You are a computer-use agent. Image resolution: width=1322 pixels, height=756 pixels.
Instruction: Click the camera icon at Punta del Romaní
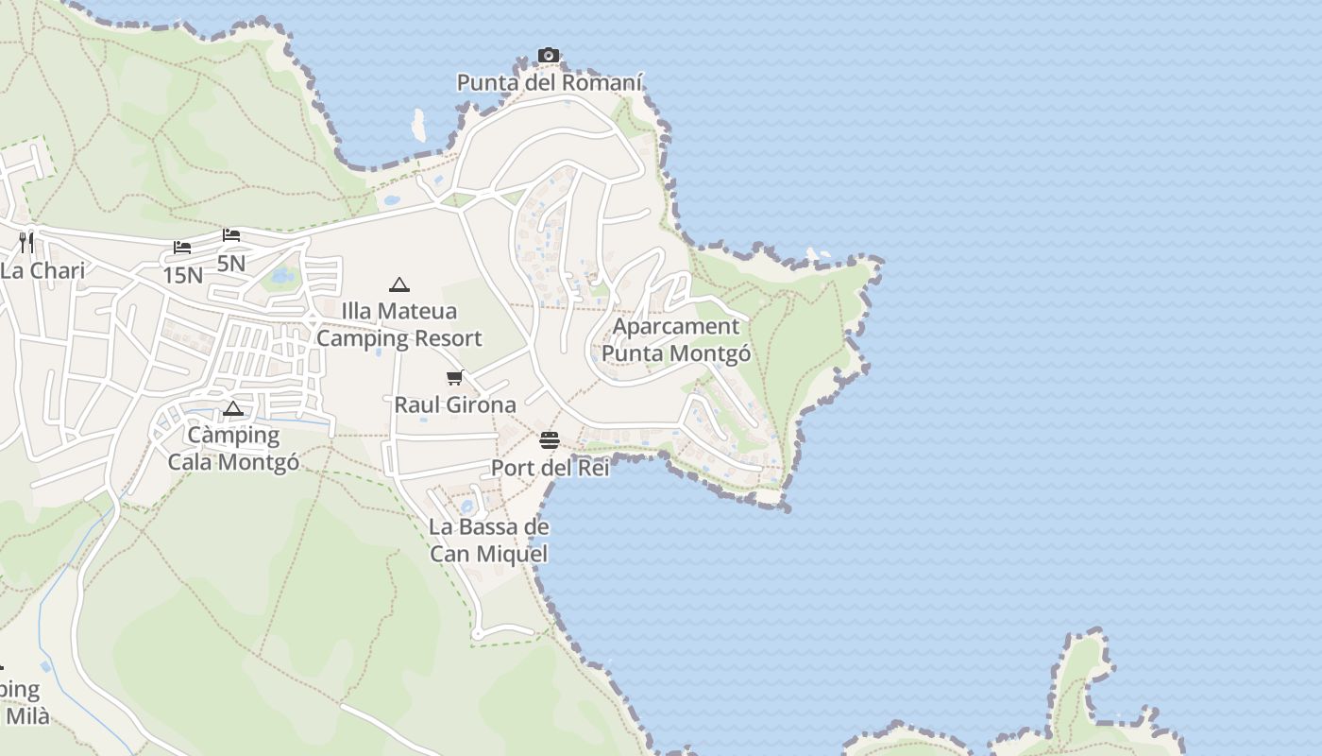click(x=549, y=56)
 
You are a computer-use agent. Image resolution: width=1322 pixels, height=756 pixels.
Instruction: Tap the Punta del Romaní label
click(x=550, y=83)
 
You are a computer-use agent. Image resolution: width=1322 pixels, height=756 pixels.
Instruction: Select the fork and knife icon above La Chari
click(x=26, y=243)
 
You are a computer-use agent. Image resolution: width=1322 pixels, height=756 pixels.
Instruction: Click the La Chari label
click(x=42, y=271)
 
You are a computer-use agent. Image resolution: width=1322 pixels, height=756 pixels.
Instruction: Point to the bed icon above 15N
click(x=182, y=248)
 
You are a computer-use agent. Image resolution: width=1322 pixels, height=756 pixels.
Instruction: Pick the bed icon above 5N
click(x=231, y=235)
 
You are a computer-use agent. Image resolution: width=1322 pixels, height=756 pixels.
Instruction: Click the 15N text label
click(x=182, y=275)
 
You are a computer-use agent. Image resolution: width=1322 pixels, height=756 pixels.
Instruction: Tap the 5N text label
click(x=231, y=263)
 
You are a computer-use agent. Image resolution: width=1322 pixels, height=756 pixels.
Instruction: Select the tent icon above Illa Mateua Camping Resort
click(x=399, y=284)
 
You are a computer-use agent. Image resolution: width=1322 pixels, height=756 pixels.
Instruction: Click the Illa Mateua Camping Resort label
click(x=399, y=324)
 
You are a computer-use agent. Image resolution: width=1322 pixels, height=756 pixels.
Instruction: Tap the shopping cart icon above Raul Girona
click(x=455, y=378)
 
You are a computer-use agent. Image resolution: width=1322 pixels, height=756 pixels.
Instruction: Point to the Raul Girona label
click(x=455, y=405)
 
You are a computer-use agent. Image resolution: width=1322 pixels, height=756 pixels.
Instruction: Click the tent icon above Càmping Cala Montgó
click(x=233, y=409)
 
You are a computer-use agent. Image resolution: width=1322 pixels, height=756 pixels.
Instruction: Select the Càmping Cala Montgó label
click(x=233, y=449)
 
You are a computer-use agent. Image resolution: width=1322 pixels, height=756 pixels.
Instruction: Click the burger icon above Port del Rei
click(x=550, y=440)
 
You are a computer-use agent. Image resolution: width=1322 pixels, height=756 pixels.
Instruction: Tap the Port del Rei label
click(x=550, y=468)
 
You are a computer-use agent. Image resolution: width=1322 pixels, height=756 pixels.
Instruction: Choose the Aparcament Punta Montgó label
click(x=676, y=340)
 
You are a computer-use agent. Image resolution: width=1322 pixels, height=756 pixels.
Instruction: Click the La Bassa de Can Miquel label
click(x=489, y=541)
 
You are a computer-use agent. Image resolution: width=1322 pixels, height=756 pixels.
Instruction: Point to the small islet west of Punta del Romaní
click(x=418, y=124)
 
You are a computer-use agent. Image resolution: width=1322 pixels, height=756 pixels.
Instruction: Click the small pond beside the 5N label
click(x=280, y=277)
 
